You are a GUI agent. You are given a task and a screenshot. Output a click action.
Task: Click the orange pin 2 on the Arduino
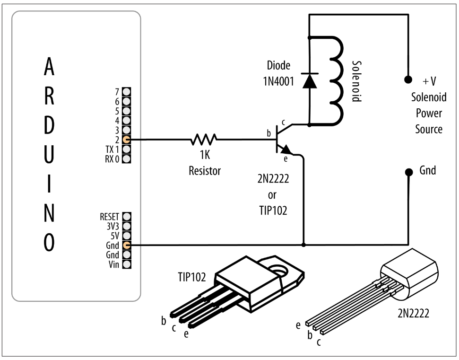[127, 140]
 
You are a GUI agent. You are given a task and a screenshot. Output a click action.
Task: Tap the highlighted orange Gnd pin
[127, 245]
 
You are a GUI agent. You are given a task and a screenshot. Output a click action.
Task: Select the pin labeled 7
[127, 92]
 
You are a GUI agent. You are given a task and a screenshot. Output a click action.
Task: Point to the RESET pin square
[127, 217]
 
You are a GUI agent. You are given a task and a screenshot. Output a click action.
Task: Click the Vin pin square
[127, 264]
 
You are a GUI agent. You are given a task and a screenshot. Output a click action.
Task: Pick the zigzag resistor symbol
[204, 140]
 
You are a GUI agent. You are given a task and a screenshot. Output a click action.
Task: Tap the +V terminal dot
[408, 79]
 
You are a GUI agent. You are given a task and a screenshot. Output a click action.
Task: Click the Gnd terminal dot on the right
[408, 172]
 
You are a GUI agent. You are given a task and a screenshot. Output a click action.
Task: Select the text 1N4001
[278, 81]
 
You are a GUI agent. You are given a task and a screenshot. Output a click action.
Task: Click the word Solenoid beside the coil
[356, 81]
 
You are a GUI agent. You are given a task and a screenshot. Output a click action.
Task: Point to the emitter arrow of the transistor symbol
[286, 149]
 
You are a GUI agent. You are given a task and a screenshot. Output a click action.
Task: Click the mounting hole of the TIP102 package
[278, 270]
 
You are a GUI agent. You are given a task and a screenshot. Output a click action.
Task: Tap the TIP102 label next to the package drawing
[192, 277]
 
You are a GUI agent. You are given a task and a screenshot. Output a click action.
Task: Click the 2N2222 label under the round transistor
[413, 314]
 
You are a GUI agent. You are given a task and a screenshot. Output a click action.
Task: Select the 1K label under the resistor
[205, 155]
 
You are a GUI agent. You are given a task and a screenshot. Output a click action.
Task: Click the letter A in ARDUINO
[49, 67]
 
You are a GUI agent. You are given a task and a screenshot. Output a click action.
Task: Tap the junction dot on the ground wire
[303, 245]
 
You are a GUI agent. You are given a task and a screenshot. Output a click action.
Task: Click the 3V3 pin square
[127, 226]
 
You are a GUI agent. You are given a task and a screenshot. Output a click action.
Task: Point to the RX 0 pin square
[127, 159]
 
